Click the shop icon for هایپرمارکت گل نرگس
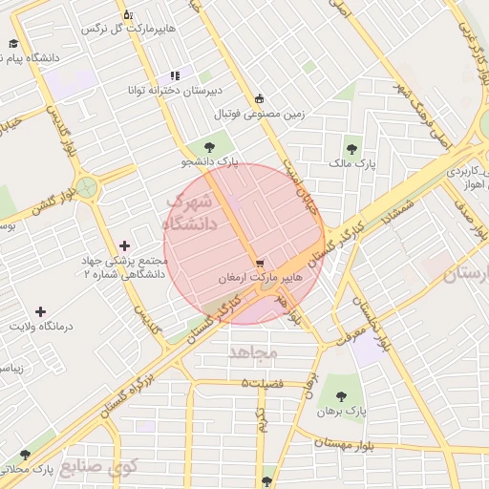(129, 15)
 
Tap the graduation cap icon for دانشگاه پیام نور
(13, 44)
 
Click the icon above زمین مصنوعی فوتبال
(259, 98)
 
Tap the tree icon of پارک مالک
(352, 148)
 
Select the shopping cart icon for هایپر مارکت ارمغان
(260, 263)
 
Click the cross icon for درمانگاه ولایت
(39, 311)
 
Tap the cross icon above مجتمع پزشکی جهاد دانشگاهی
(124, 246)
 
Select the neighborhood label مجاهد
(252, 351)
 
